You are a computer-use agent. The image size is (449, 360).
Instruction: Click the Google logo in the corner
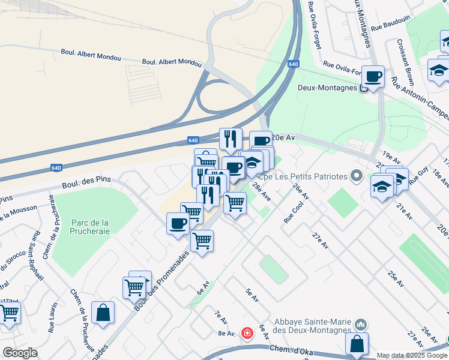pos(20,353)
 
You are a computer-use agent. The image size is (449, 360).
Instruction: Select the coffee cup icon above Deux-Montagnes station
pos(373,77)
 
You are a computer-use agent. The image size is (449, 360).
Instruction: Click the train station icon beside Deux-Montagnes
pos(364,88)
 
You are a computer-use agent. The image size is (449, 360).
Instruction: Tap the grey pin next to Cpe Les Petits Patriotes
pos(357,176)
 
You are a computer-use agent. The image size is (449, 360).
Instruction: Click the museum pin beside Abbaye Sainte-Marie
pos(360,325)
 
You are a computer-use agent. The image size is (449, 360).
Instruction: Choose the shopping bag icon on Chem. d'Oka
pos(357,344)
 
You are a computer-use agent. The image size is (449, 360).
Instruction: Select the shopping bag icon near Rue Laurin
pos(103,313)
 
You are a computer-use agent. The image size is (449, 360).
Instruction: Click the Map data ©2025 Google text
pos(411,355)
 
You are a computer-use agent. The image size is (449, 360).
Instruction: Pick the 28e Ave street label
pos(262,191)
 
